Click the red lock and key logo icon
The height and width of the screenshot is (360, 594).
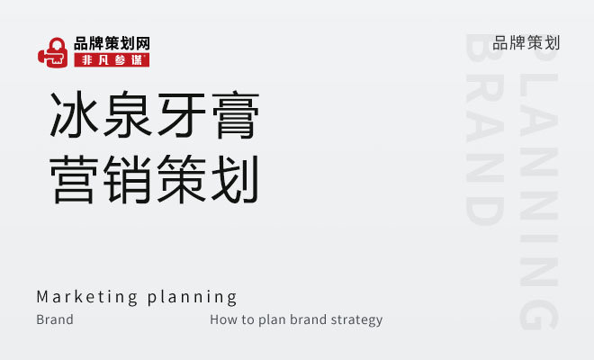[53, 52]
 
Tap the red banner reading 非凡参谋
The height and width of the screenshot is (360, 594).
[112, 60]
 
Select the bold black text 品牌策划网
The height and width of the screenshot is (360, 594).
[112, 43]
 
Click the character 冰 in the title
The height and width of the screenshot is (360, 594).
[74, 114]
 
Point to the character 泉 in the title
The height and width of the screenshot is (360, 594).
[128, 114]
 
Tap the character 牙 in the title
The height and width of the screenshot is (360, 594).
[182, 114]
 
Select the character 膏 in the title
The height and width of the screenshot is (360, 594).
[236, 114]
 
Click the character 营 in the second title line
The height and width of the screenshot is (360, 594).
[74, 179]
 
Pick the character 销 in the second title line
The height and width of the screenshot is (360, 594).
[128, 179]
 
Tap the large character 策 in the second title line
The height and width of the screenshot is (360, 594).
[182, 179]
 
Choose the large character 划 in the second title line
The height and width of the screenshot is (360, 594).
[236, 179]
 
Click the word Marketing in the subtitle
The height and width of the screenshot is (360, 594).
[87, 297]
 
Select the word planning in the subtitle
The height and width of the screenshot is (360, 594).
[192, 298]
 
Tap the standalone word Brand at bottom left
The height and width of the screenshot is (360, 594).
[55, 319]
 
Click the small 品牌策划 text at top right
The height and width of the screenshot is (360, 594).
[526, 43]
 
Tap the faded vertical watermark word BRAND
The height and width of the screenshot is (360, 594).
[484, 130]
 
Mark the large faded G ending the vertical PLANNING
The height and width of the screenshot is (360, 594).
[539, 312]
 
